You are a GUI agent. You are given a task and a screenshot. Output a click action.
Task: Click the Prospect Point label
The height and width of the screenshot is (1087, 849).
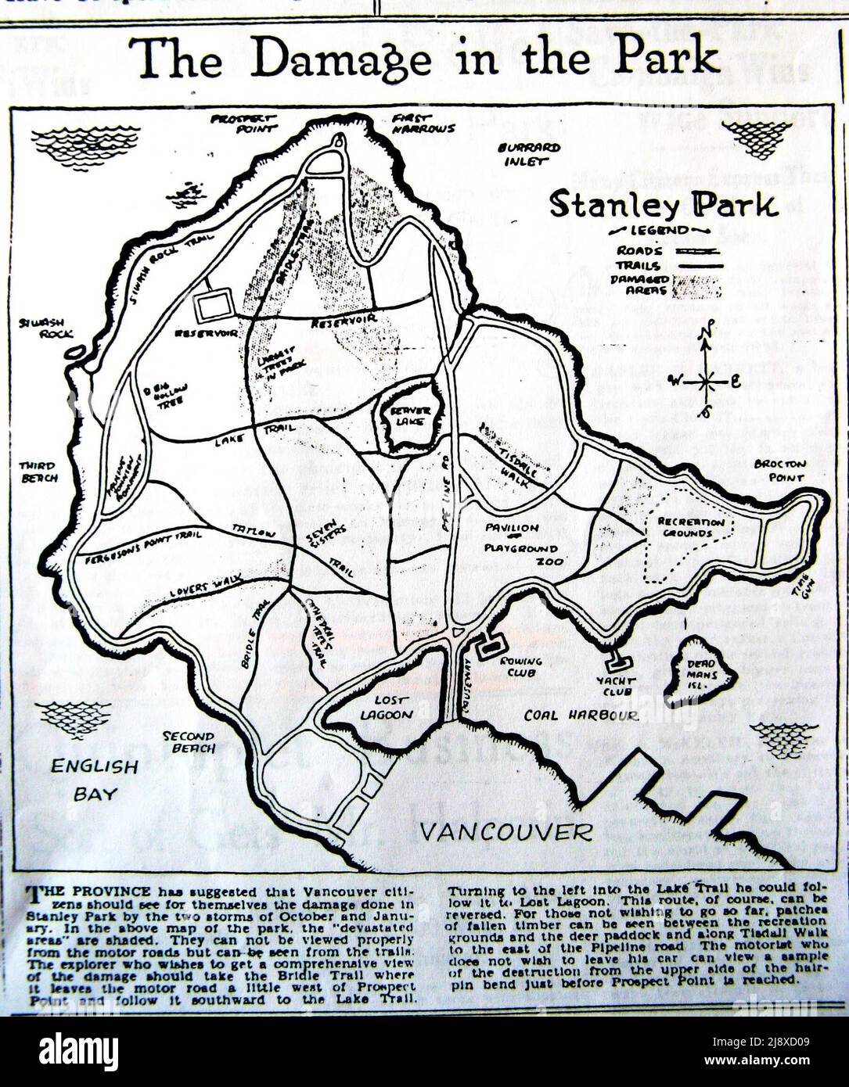tap(245, 122)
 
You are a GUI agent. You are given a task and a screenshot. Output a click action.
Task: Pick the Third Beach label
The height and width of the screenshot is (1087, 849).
tap(38, 472)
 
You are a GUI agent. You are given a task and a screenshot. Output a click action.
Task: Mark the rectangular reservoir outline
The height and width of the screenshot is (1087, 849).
tap(214, 305)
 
